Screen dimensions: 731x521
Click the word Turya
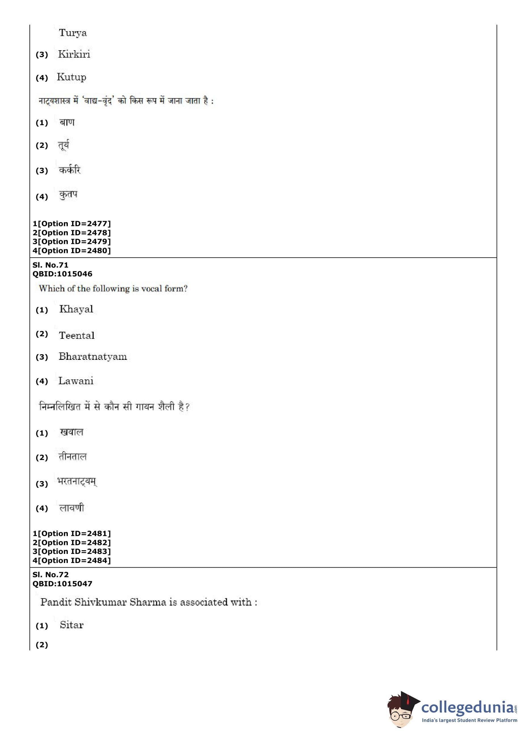(73, 33)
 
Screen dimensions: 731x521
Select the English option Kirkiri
(74, 54)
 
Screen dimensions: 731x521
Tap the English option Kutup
(72, 77)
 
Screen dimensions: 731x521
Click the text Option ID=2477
(74, 224)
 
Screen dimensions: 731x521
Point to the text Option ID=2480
(74, 251)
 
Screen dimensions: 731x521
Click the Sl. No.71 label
(50, 265)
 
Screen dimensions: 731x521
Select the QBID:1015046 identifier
(62, 274)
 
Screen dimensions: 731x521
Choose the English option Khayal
(76, 309)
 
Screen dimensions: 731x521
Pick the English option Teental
(77, 335)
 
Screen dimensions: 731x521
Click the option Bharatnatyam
(93, 357)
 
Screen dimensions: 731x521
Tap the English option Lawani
(76, 381)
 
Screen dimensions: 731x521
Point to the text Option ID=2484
(74, 560)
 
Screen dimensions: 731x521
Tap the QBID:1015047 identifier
(62, 583)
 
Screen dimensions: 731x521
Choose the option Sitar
(72, 625)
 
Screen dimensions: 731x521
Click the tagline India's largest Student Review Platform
(469, 721)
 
